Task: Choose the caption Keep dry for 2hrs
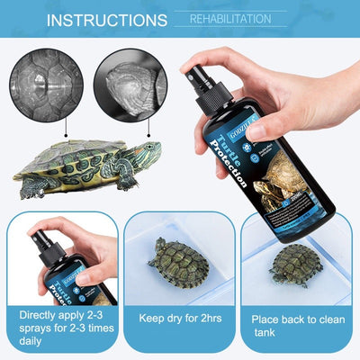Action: point(178,318)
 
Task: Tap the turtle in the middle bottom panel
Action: point(177,261)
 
